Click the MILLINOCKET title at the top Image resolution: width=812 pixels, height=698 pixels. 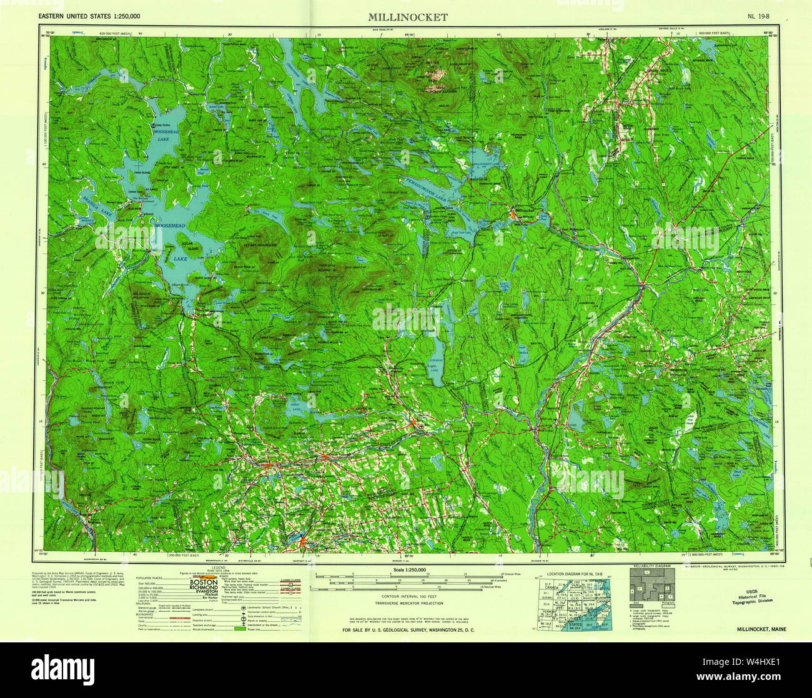click(407, 17)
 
